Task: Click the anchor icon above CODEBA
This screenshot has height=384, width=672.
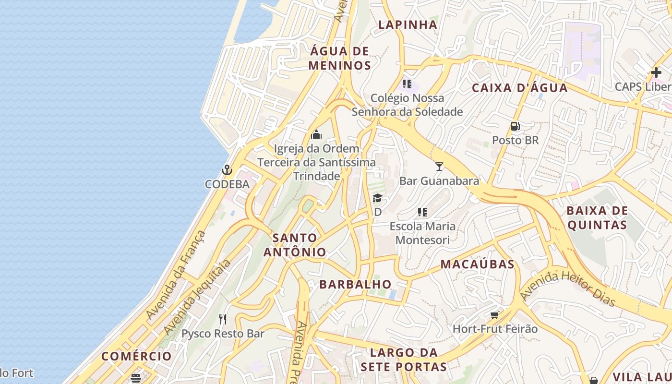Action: (x=227, y=170)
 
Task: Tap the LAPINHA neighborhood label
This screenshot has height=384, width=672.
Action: (x=408, y=24)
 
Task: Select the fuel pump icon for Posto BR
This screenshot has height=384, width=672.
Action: (x=516, y=126)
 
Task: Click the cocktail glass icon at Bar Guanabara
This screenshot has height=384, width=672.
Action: (x=439, y=167)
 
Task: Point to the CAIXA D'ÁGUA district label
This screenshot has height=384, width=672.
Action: (x=520, y=88)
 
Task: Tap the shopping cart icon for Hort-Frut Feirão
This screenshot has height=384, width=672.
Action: (x=495, y=315)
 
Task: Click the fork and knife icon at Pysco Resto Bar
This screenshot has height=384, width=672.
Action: (x=223, y=319)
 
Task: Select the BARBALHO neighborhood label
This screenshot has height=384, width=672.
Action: (x=355, y=284)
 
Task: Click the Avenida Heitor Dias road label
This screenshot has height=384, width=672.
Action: (x=568, y=288)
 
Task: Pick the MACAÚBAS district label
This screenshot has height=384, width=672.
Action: (x=477, y=264)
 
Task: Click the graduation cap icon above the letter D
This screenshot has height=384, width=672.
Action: (x=378, y=198)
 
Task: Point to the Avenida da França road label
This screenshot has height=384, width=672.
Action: (x=176, y=275)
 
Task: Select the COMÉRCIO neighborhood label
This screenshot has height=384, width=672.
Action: (x=136, y=356)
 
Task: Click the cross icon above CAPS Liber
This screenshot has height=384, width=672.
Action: (x=656, y=73)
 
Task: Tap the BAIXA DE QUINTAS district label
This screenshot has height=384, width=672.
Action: (x=597, y=218)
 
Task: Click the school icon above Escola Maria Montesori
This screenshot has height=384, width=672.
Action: (x=422, y=212)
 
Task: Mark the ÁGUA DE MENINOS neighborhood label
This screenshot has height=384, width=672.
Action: (x=340, y=58)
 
